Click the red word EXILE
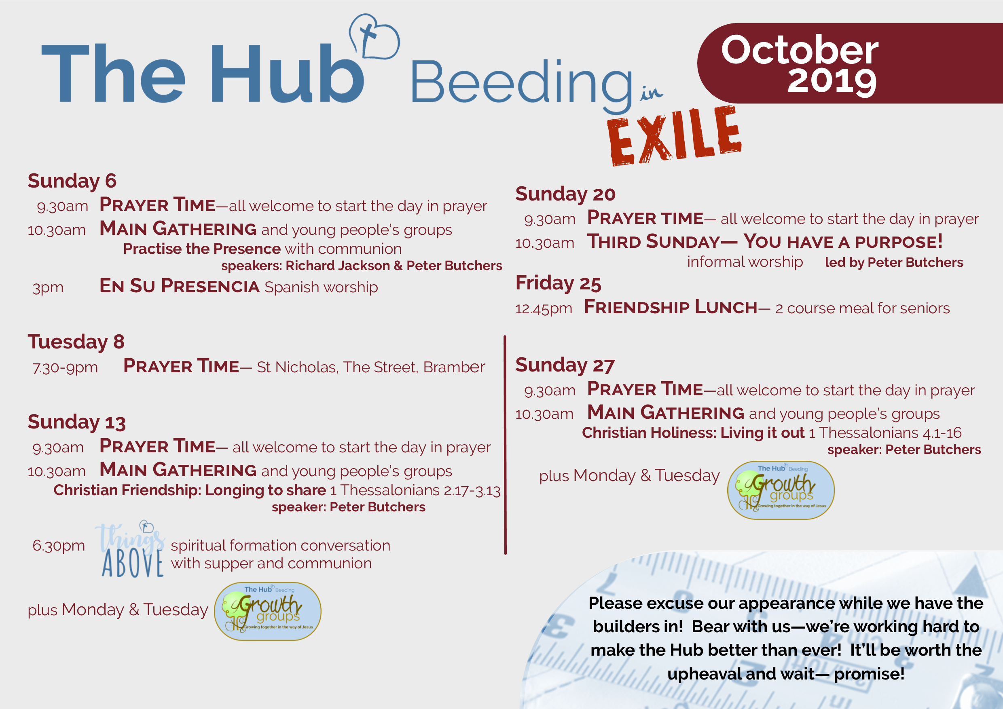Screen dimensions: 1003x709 tap(674, 136)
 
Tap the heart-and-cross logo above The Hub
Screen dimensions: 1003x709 tap(374, 36)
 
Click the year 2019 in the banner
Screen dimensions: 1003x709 tap(832, 81)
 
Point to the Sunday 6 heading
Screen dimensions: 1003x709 tap(72, 181)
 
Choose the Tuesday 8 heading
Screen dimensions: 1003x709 tap(76, 342)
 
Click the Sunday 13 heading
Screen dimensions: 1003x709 tap(77, 422)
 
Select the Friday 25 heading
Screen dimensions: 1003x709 tap(558, 283)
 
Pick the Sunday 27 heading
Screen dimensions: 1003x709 tap(565, 365)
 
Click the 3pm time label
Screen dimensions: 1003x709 tap(48, 288)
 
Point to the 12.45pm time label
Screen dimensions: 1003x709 tap(544, 309)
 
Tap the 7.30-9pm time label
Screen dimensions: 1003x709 tap(65, 367)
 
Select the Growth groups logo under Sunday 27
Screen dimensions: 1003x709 tap(781, 490)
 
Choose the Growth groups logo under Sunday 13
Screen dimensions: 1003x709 tap(267, 611)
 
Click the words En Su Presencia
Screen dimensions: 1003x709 tap(180, 286)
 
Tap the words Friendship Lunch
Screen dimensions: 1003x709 tap(671, 307)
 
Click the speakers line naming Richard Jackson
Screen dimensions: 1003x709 tap(361, 266)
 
